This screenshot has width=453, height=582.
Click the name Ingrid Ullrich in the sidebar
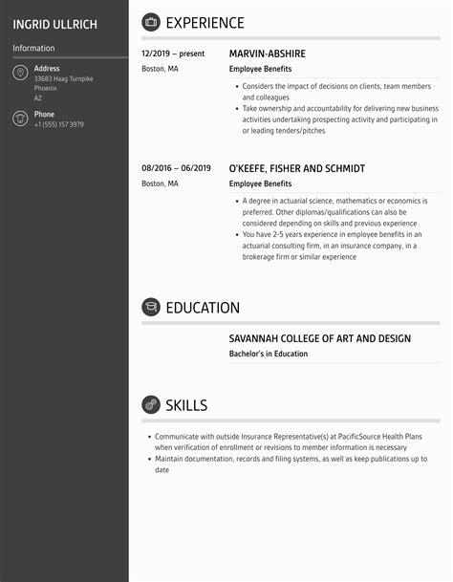(x=54, y=24)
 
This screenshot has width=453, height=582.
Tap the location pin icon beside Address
(x=20, y=74)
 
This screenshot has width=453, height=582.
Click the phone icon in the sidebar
(x=20, y=119)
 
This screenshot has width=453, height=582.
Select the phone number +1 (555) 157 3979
(x=58, y=125)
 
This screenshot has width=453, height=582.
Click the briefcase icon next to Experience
(x=151, y=22)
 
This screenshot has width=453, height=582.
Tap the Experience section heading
(x=205, y=23)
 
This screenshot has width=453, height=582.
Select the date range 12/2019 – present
(x=173, y=54)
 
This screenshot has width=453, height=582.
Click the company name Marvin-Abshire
(x=268, y=54)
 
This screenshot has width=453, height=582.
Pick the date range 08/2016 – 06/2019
(x=176, y=168)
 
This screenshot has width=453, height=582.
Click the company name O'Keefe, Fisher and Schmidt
(x=296, y=168)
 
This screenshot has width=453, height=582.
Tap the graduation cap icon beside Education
(x=151, y=307)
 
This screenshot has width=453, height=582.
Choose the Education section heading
(x=203, y=308)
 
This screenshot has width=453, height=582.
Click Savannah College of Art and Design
(x=319, y=338)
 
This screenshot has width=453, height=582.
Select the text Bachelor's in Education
(x=269, y=354)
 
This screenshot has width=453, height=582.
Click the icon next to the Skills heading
(x=151, y=404)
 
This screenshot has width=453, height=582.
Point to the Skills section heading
(x=186, y=405)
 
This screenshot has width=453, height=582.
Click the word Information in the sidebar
(x=33, y=49)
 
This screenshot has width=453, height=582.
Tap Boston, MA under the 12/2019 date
(x=160, y=70)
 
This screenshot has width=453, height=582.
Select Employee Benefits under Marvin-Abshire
(x=260, y=70)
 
